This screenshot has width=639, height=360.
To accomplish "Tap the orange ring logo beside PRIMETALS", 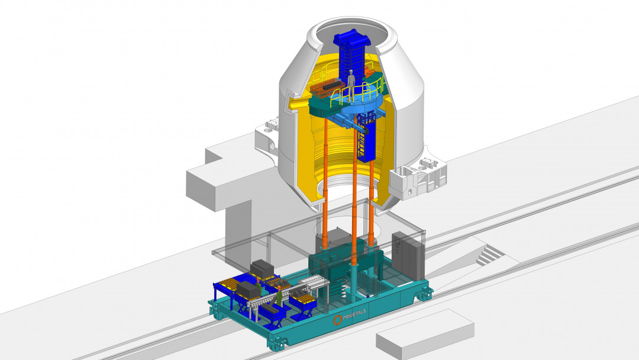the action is click(x=337, y=320).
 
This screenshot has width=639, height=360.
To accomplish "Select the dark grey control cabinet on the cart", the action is click(x=408, y=255).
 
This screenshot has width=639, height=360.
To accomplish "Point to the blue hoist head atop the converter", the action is click(x=352, y=41).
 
